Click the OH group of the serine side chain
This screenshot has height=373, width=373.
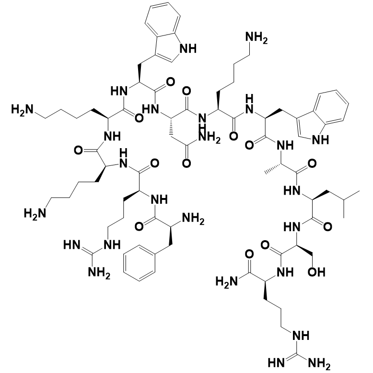pos(316,272)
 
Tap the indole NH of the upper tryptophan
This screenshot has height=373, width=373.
pos(188,48)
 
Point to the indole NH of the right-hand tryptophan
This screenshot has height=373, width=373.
pos(320,140)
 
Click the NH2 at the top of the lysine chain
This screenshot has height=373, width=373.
pos(256,38)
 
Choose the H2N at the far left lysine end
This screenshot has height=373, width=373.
pos(22,110)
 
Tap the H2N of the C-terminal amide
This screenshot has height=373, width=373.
pos(226,282)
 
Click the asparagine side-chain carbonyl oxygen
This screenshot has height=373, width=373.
pos(186,163)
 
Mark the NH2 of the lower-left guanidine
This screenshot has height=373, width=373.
pos(99,272)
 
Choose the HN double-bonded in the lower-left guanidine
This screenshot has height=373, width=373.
pos(72,245)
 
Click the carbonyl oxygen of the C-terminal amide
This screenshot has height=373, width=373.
pos(249,254)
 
